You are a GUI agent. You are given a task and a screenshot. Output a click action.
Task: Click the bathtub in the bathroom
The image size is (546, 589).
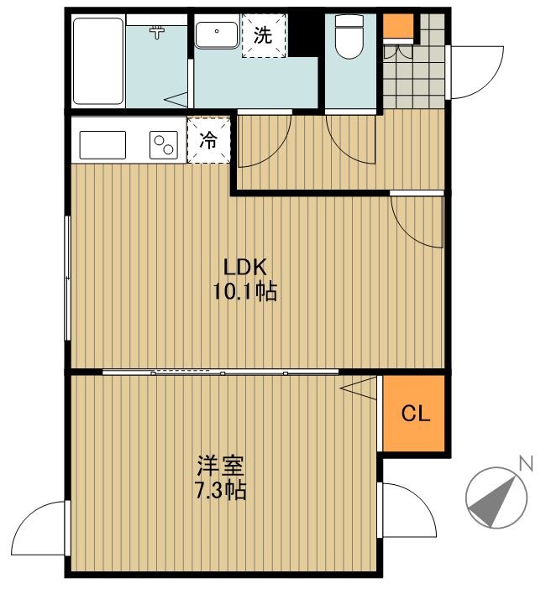click(98, 61)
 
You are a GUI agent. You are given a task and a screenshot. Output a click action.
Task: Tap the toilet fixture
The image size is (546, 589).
click(349, 36)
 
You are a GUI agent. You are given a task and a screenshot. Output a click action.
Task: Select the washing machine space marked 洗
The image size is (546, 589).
click(264, 35)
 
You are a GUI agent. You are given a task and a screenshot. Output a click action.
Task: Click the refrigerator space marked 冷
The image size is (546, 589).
click(208, 140)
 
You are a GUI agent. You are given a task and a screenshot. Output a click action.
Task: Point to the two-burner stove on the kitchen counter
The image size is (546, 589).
click(164, 144)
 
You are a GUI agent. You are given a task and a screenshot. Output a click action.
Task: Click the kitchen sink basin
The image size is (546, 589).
click(102, 144)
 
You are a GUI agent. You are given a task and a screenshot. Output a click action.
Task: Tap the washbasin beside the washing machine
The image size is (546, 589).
click(217, 35)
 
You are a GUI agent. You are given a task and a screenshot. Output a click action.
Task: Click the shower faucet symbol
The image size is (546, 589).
click(157, 32)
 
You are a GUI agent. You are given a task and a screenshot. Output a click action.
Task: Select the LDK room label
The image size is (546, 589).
click(245, 267)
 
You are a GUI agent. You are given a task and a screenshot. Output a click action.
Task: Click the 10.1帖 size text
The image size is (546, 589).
click(245, 291)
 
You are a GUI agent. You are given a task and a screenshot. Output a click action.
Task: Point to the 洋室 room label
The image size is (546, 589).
click(221, 466)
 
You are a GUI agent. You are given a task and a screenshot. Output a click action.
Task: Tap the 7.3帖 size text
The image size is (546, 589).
click(221, 490)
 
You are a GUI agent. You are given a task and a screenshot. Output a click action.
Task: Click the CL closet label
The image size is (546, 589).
click(416, 413)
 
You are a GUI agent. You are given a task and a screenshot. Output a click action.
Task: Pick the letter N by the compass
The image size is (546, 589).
click(526, 463)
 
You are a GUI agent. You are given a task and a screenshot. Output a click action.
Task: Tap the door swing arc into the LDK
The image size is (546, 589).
click(411, 232)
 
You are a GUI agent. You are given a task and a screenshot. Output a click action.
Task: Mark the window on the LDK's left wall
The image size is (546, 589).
click(68, 278)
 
